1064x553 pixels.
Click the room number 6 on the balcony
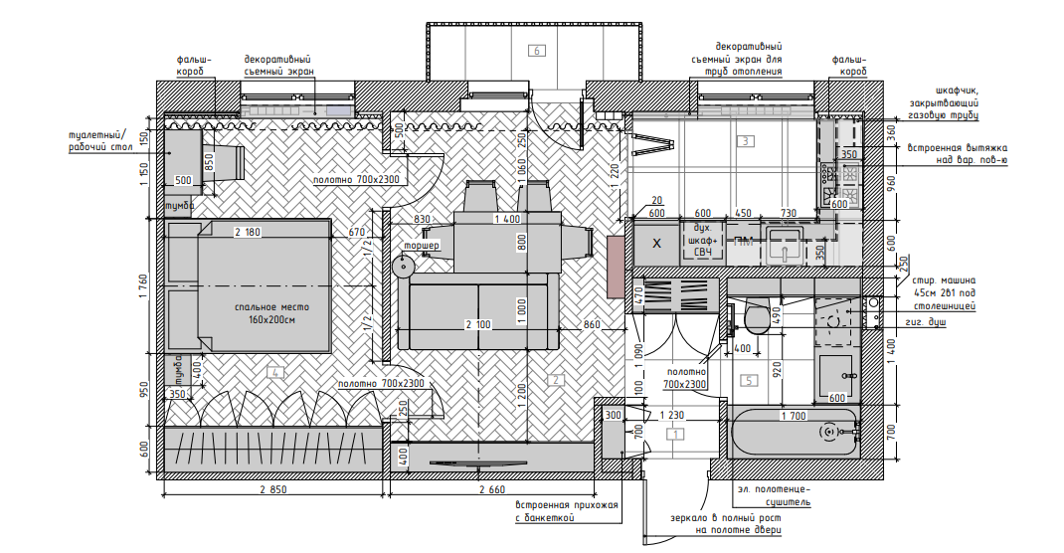[x=537, y=51]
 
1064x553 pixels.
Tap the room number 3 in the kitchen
[x=746, y=141]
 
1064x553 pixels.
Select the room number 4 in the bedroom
[x=276, y=373]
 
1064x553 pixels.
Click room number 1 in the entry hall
[x=676, y=434]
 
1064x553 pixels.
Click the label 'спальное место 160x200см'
[x=264, y=314]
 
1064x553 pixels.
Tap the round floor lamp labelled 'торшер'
[x=405, y=266]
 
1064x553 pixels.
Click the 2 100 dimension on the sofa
[x=478, y=325]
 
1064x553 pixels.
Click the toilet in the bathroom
[x=756, y=318]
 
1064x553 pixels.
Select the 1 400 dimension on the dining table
[x=506, y=219]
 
